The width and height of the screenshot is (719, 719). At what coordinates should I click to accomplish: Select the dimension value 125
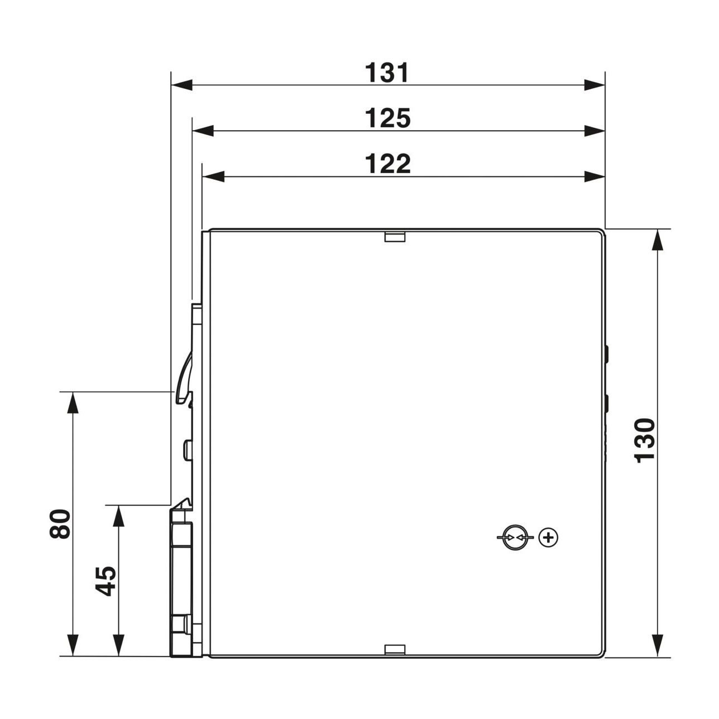(387, 118)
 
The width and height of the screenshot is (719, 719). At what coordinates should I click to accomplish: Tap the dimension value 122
(387, 164)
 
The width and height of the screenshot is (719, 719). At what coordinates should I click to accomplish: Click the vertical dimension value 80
(60, 524)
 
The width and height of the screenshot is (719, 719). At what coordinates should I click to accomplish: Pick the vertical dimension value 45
(106, 581)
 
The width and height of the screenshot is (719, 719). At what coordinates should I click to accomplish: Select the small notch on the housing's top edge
(395, 237)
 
